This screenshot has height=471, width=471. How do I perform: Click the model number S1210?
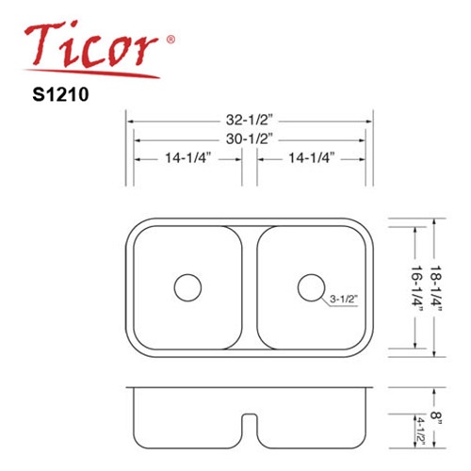point(60,94)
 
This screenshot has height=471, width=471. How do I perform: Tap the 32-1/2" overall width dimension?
point(248,120)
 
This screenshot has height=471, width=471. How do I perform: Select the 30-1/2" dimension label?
point(248,139)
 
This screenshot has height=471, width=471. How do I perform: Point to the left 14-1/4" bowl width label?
point(187,158)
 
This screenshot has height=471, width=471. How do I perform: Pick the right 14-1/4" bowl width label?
point(311,158)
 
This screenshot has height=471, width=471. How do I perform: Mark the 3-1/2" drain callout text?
point(344,299)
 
